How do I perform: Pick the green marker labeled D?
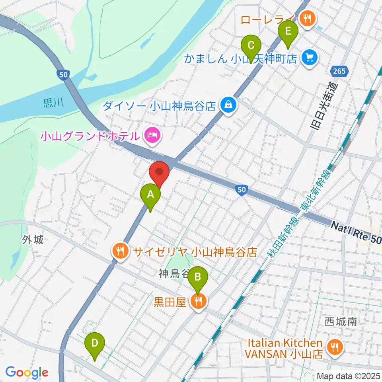94,343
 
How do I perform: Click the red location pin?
159,172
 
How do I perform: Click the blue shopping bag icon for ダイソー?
228,106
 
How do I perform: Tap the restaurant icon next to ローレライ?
307,18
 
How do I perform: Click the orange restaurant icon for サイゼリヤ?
121,251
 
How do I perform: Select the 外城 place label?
32,240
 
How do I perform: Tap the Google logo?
26,373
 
